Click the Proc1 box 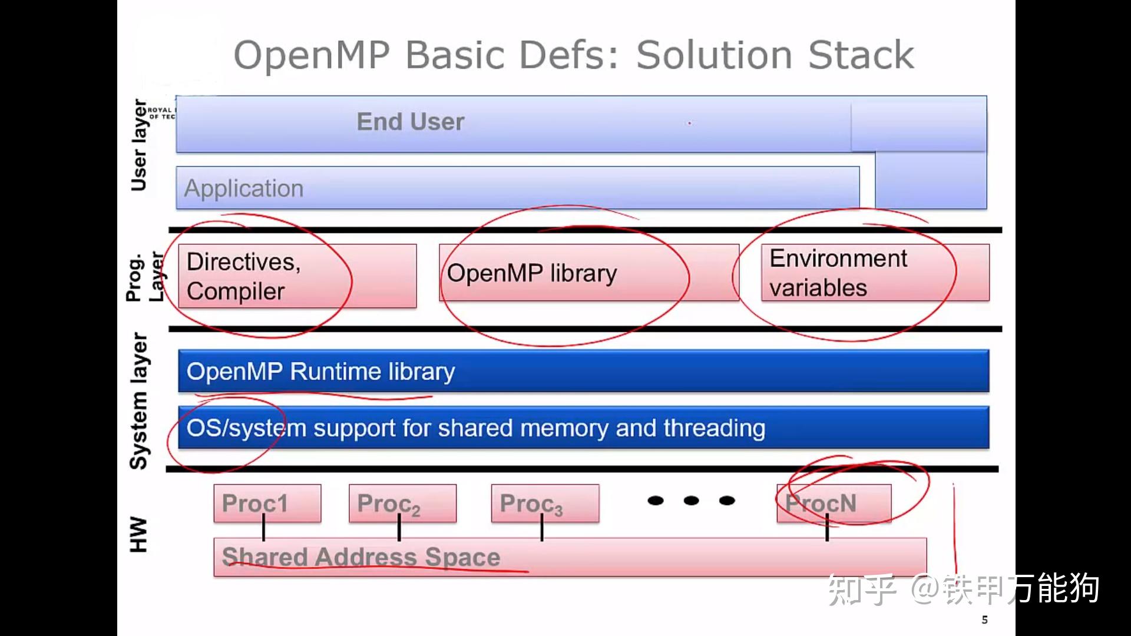point(267,503)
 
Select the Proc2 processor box point(402,503)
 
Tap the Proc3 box point(545,503)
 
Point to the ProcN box point(834,503)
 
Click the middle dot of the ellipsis point(691,501)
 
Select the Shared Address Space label point(361,556)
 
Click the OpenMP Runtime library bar point(583,371)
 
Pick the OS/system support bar point(583,428)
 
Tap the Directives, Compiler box point(297,276)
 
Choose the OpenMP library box point(588,273)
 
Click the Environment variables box point(875,273)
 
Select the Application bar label point(244,188)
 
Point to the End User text point(411,122)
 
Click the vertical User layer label point(139,145)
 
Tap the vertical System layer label point(139,400)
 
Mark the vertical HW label point(138,534)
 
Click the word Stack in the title point(861,55)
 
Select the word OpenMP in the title point(312,55)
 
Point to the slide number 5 point(984,620)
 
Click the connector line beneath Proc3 point(542,530)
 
